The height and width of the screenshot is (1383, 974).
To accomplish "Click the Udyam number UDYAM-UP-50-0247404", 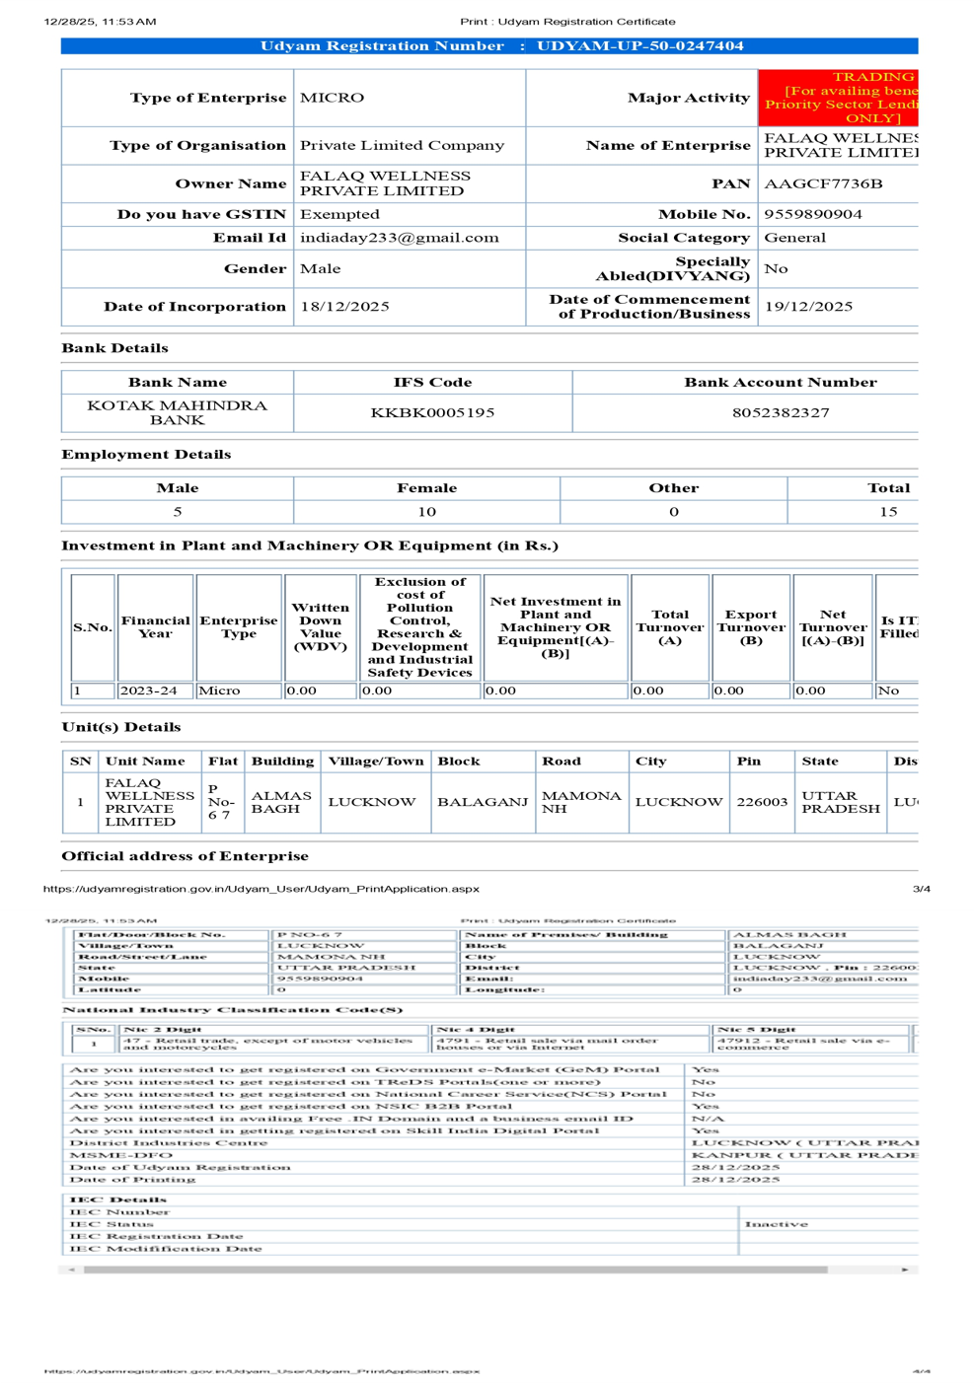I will tap(639, 46).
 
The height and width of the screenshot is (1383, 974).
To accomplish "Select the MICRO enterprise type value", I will tap(332, 98).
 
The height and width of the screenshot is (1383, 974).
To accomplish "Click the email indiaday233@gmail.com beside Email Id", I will tap(399, 238).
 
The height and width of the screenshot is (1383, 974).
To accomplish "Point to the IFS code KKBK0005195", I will tap(432, 412).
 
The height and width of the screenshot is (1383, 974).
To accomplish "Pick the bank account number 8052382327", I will tap(780, 412).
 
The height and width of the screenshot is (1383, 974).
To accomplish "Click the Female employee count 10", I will tap(426, 512).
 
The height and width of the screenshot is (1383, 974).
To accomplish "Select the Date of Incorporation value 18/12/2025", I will tap(344, 307).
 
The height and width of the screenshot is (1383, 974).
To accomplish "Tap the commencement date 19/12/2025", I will tap(808, 307).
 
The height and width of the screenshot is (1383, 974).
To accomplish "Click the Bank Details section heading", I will tap(114, 348).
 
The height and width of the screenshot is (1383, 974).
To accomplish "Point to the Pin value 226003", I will tap(762, 802).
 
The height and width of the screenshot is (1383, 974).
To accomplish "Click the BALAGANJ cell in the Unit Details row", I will tap(483, 802).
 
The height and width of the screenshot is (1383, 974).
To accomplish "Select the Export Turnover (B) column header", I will tap(750, 627).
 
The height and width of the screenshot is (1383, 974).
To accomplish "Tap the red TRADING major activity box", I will tap(839, 97).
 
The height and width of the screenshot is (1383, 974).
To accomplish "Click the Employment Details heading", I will tap(146, 455).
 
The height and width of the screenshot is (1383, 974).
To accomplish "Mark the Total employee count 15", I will tap(888, 512).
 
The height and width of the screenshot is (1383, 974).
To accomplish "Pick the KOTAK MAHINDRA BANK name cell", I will tap(177, 412).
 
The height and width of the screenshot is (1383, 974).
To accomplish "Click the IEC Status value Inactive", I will tap(776, 1224).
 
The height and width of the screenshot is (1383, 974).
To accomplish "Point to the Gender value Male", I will tap(320, 268).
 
